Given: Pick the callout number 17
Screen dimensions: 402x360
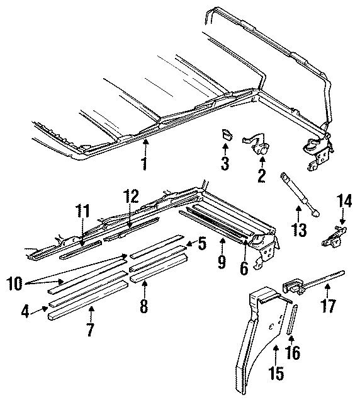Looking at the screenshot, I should click(x=329, y=307).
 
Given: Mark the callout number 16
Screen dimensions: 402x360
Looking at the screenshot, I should click(x=293, y=355).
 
